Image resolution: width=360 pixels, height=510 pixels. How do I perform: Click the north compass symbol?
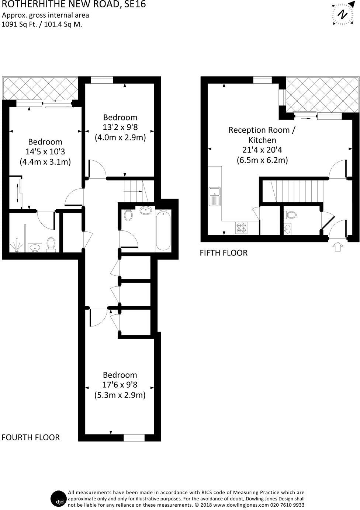[343, 15]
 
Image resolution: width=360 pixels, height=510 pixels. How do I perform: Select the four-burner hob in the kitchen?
[241, 228]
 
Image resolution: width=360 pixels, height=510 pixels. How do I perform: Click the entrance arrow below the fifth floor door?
[337, 246]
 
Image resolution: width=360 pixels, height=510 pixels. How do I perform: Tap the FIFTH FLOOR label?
[224, 253]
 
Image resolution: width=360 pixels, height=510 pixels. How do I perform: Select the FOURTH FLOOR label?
[31, 437]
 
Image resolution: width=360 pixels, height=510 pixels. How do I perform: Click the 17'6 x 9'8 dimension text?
[120, 385]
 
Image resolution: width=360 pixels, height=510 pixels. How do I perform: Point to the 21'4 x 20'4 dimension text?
[262, 150]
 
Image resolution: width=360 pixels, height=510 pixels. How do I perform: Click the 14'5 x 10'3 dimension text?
[45, 151]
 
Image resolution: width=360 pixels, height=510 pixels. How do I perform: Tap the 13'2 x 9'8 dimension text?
[120, 128]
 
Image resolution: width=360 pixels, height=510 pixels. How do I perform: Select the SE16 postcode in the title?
[135, 4]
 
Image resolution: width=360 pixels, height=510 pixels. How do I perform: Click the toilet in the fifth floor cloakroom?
[291, 214]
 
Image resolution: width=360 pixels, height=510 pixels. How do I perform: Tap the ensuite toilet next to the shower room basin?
[51, 244]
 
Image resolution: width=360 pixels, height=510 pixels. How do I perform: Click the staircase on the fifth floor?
[298, 191]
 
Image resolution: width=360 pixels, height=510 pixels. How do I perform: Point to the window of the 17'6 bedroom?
[134, 438]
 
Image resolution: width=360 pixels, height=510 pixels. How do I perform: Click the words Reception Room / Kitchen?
[262, 135]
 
